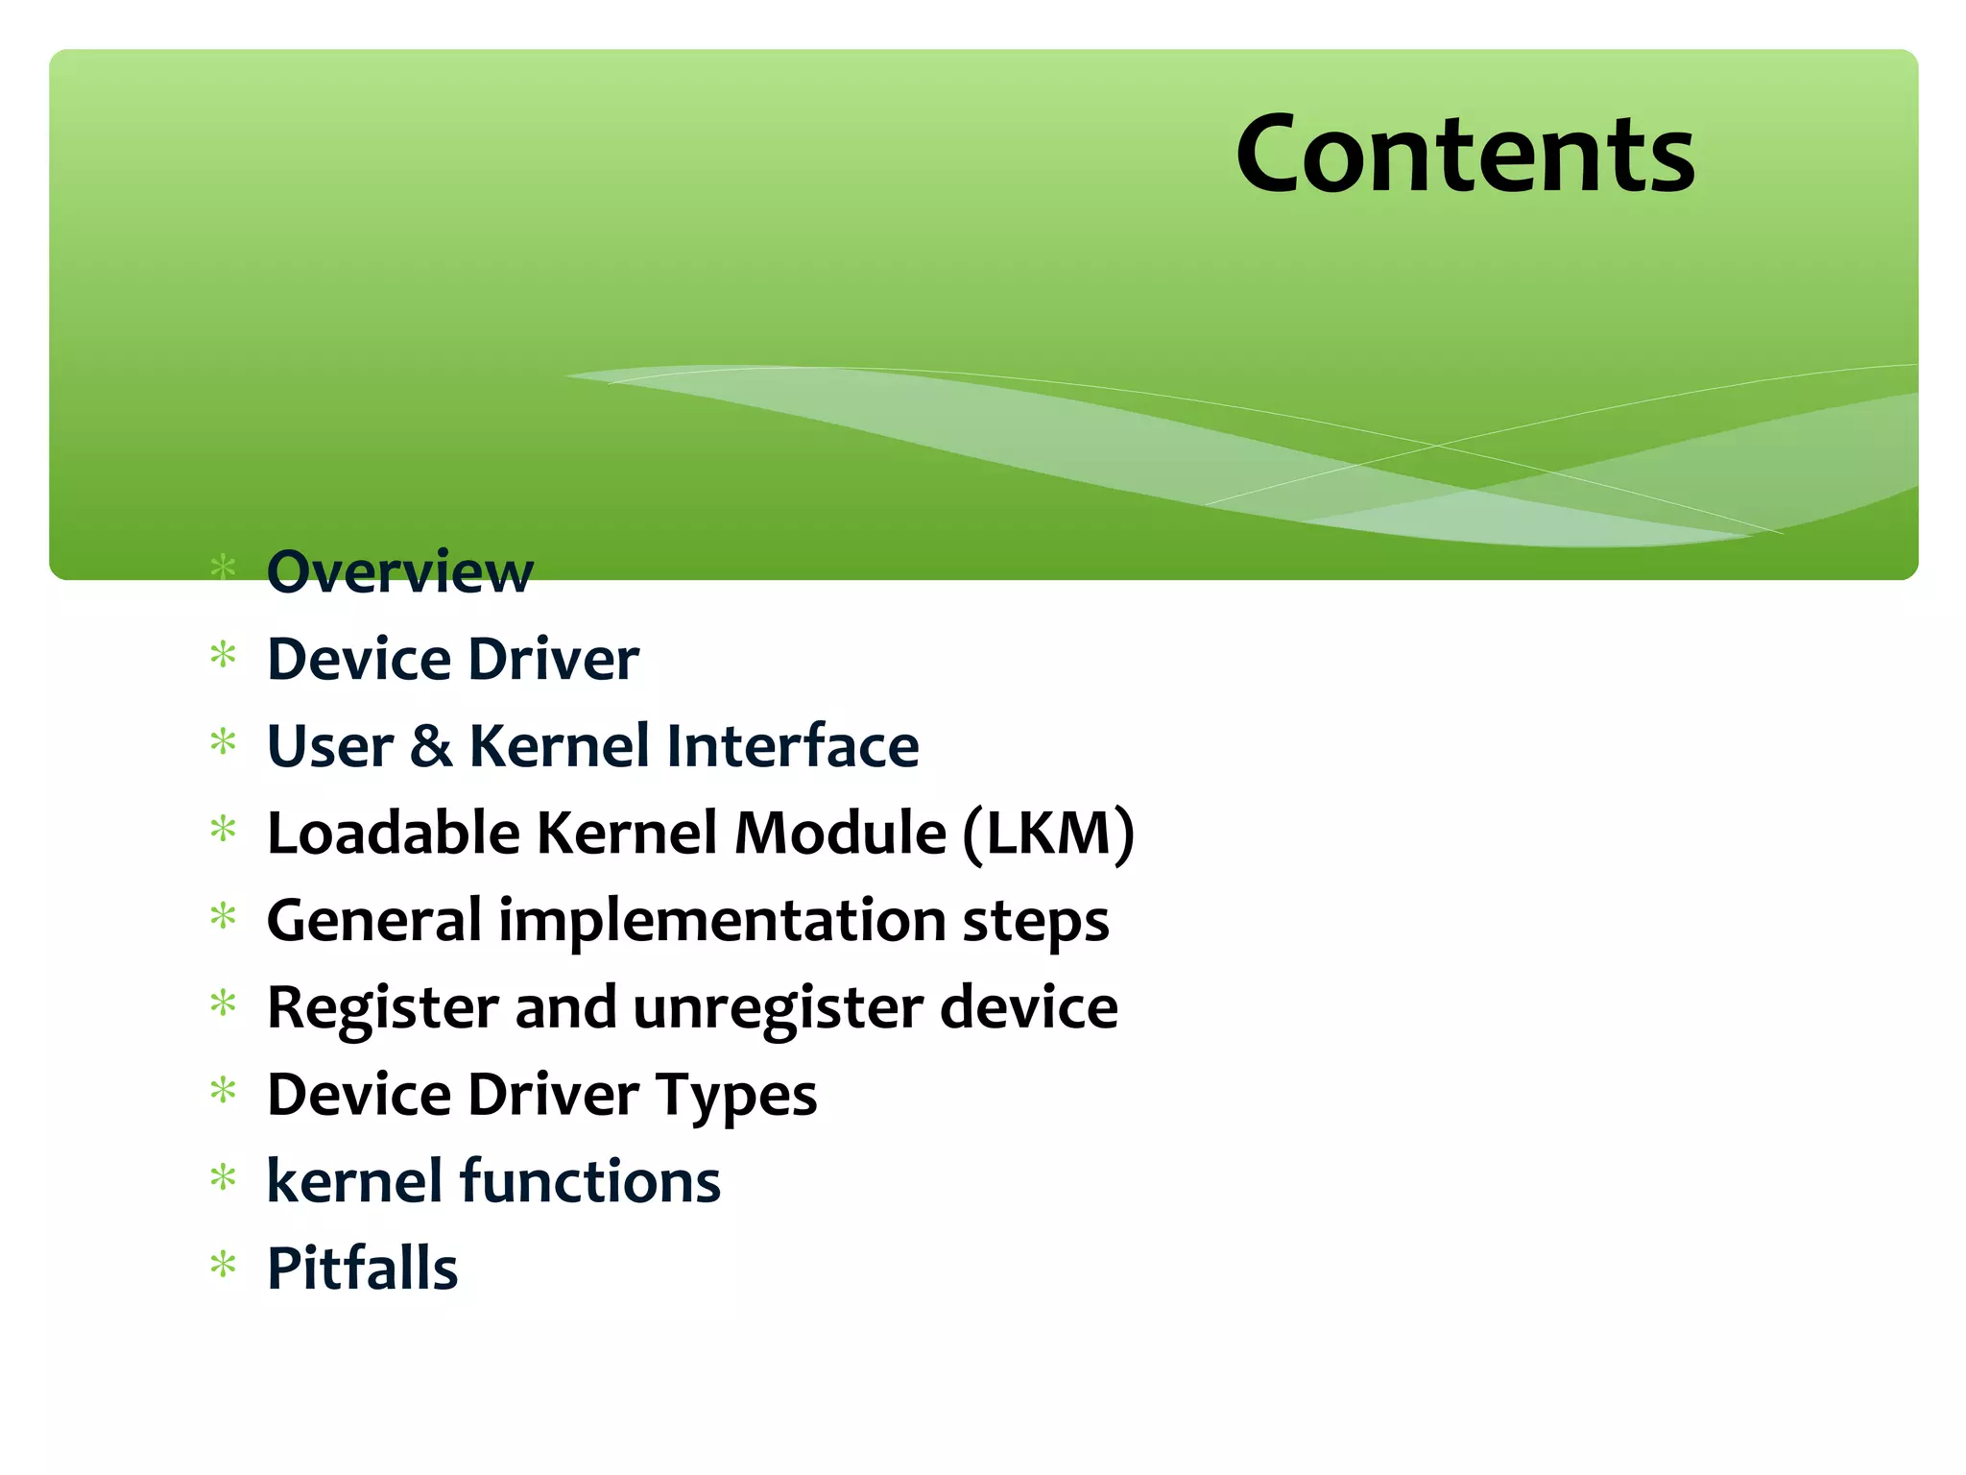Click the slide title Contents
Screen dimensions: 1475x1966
pyautogui.click(x=1465, y=154)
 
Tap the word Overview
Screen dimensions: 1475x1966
pyautogui.click(x=399, y=572)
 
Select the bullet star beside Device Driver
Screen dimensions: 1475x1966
pyautogui.click(x=223, y=656)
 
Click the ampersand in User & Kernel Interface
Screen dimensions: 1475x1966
pyautogui.click(x=431, y=747)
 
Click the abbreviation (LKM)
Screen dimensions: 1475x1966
pyautogui.click(x=1048, y=834)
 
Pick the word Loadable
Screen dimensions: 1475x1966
pyautogui.click(x=393, y=833)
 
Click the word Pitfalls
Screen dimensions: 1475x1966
pyautogui.click(x=362, y=1269)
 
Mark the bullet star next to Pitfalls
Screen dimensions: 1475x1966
pyautogui.click(x=223, y=1265)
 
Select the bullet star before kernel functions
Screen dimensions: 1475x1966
pyautogui.click(x=223, y=1177)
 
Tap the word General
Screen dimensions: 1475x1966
pyautogui.click(x=373, y=921)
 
